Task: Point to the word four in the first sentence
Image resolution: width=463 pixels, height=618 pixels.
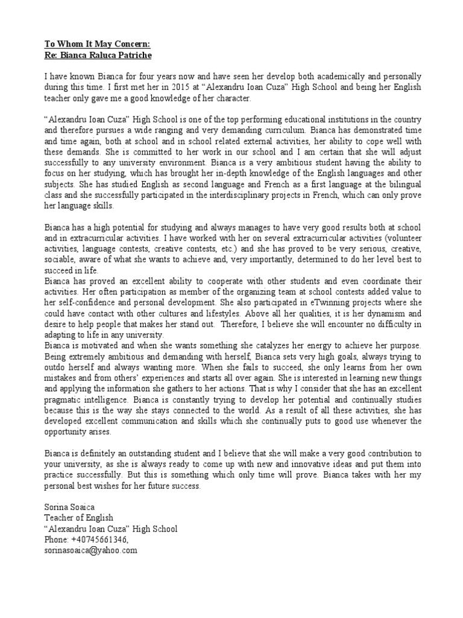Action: tap(142, 77)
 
